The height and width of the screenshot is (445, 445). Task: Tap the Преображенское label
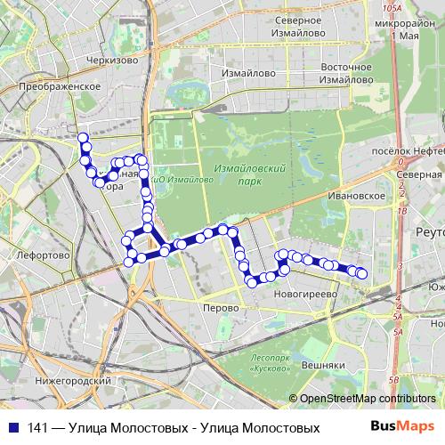click(x=58, y=86)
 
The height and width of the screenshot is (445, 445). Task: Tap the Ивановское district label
click(x=355, y=195)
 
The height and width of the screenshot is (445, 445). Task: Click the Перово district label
click(x=221, y=307)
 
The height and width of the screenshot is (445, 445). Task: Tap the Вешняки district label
click(x=322, y=365)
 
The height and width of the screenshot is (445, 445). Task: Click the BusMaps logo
click(x=401, y=427)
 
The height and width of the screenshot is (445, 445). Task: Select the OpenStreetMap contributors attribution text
click(x=367, y=399)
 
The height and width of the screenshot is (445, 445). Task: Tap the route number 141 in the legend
click(x=36, y=428)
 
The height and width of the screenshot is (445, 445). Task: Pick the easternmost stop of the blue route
click(x=362, y=274)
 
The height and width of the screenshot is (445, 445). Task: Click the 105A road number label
click(x=386, y=8)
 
